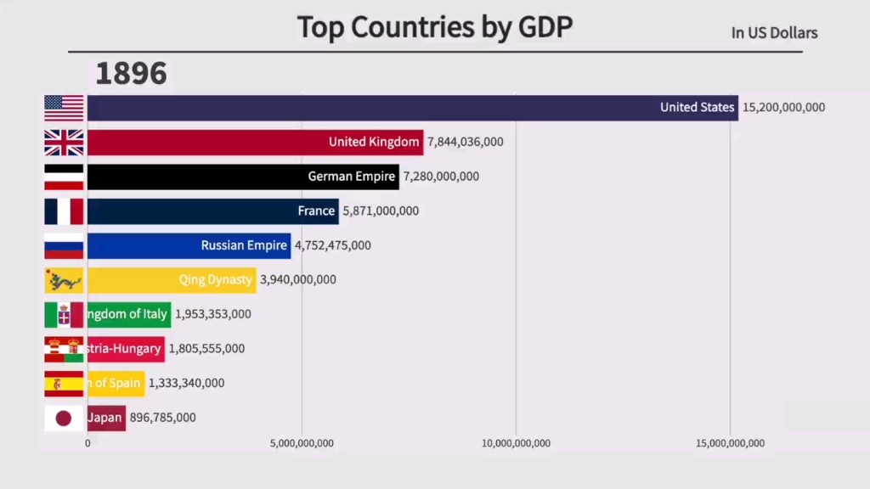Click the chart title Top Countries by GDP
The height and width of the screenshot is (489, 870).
tap(434, 27)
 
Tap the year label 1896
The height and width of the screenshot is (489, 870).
tap(131, 73)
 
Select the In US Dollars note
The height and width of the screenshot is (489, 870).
tap(774, 33)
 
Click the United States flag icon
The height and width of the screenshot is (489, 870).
tap(64, 108)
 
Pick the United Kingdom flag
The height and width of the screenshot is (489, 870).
tap(64, 143)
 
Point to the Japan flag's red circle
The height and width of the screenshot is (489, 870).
tap(64, 418)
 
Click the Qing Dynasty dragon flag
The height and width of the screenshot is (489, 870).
tap(64, 280)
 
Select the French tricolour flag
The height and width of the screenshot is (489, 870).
tap(64, 211)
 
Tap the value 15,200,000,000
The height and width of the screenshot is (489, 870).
tap(783, 108)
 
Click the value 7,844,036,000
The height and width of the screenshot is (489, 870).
tap(465, 142)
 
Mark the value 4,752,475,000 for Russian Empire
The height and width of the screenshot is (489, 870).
tap(332, 245)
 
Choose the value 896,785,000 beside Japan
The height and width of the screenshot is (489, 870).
tap(162, 418)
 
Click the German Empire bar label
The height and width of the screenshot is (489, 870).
tap(352, 177)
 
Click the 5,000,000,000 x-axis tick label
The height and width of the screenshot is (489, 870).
tap(302, 443)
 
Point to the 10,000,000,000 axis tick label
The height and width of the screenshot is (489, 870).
tap(516, 443)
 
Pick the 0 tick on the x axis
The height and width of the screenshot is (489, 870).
tap(88, 443)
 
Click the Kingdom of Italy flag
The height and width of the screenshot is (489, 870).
tap(64, 314)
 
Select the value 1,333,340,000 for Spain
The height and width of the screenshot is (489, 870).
tap(186, 383)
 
